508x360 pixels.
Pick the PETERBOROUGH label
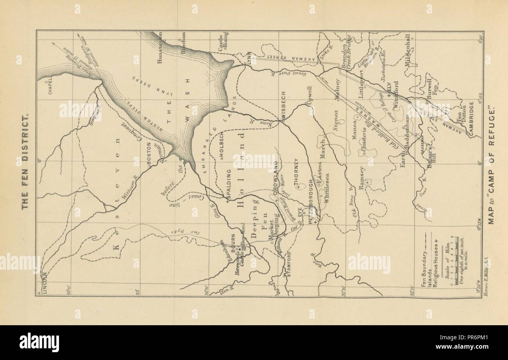click(x=311, y=202)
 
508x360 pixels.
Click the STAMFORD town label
click(x=290, y=265)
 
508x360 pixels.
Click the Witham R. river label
click(x=129, y=188)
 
